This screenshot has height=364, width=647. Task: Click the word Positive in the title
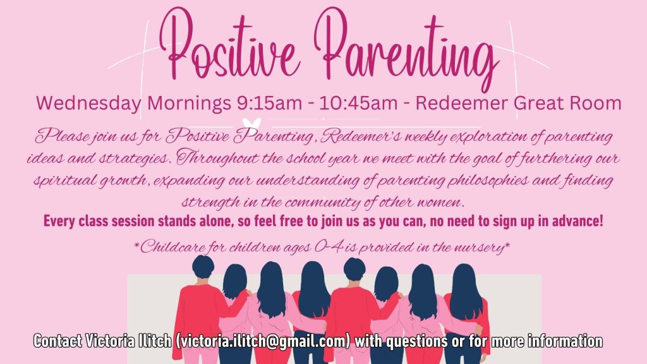[x=228, y=45]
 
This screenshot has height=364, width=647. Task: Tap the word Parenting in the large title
[x=406, y=49]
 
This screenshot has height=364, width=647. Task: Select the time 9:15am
[x=269, y=103]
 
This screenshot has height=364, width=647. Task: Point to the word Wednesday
[x=88, y=103]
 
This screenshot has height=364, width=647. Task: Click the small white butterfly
[x=251, y=124]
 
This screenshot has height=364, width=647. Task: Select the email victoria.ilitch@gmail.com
[x=263, y=341]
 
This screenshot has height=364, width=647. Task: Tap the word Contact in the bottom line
[x=57, y=341]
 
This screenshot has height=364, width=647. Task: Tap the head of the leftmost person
[x=203, y=267]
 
